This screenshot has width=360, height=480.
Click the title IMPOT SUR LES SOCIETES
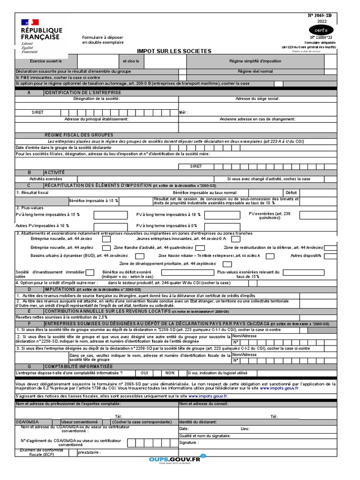click(x=173, y=51)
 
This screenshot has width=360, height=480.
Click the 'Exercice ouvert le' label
click(x=46, y=61)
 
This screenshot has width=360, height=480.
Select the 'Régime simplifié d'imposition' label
click(x=255, y=61)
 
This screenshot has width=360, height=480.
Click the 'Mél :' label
click(x=183, y=112)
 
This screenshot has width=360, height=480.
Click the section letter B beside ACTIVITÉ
click(x=29, y=172)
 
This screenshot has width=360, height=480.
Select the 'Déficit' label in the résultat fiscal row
click(x=291, y=193)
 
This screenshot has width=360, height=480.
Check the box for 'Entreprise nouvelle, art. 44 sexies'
click(x=106, y=239)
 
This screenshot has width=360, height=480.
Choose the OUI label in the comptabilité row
click(x=145, y=373)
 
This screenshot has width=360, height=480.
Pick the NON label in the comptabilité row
click(x=169, y=373)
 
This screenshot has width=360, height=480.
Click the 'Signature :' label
click(x=188, y=442)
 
